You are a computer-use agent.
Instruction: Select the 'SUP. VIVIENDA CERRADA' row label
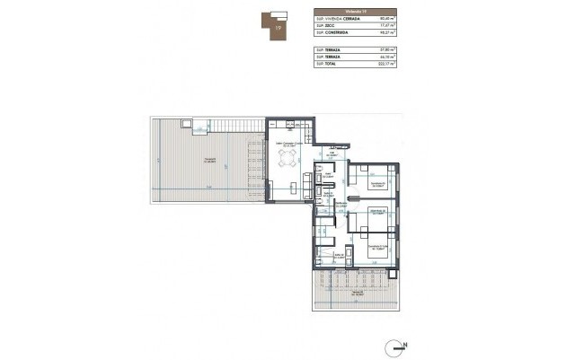click(338, 18)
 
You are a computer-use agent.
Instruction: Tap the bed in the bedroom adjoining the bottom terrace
click(378, 252)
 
